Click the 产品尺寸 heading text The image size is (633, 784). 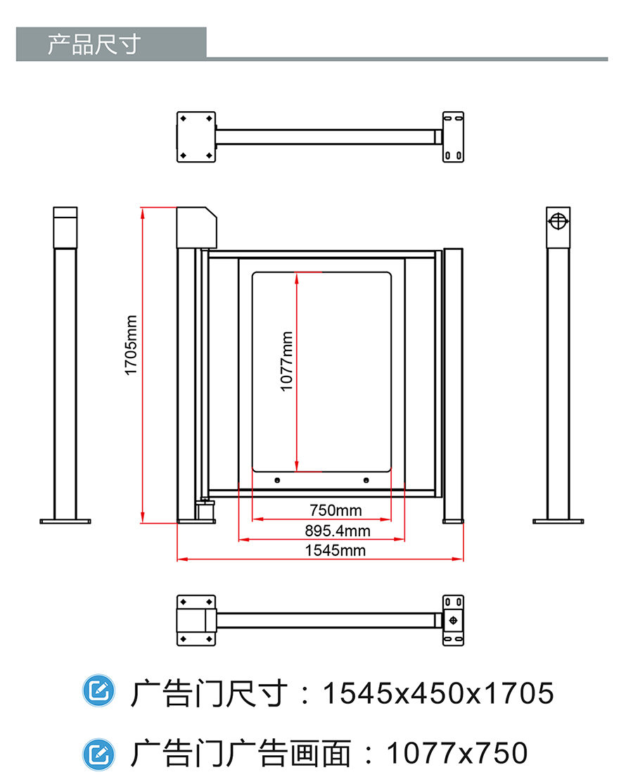[x=94, y=44]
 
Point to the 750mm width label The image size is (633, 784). [x=335, y=510]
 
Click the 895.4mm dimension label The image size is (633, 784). [x=337, y=530]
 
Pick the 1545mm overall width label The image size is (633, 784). [x=335, y=550]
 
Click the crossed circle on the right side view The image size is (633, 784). [x=558, y=221]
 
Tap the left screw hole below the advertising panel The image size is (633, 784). [x=277, y=481]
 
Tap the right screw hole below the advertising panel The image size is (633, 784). [x=366, y=481]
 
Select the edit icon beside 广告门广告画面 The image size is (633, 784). [x=98, y=754]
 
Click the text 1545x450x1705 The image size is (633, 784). [x=437, y=693]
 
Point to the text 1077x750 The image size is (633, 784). [x=457, y=754]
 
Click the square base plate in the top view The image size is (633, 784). [x=196, y=136]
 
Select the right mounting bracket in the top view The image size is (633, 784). [x=453, y=136]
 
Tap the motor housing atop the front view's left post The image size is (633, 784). [x=196, y=226]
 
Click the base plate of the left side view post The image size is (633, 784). [x=65, y=521]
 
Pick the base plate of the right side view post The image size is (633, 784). [x=558, y=521]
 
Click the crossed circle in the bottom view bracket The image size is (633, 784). [x=454, y=620]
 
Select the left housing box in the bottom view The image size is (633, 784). [x=196, y=620]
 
